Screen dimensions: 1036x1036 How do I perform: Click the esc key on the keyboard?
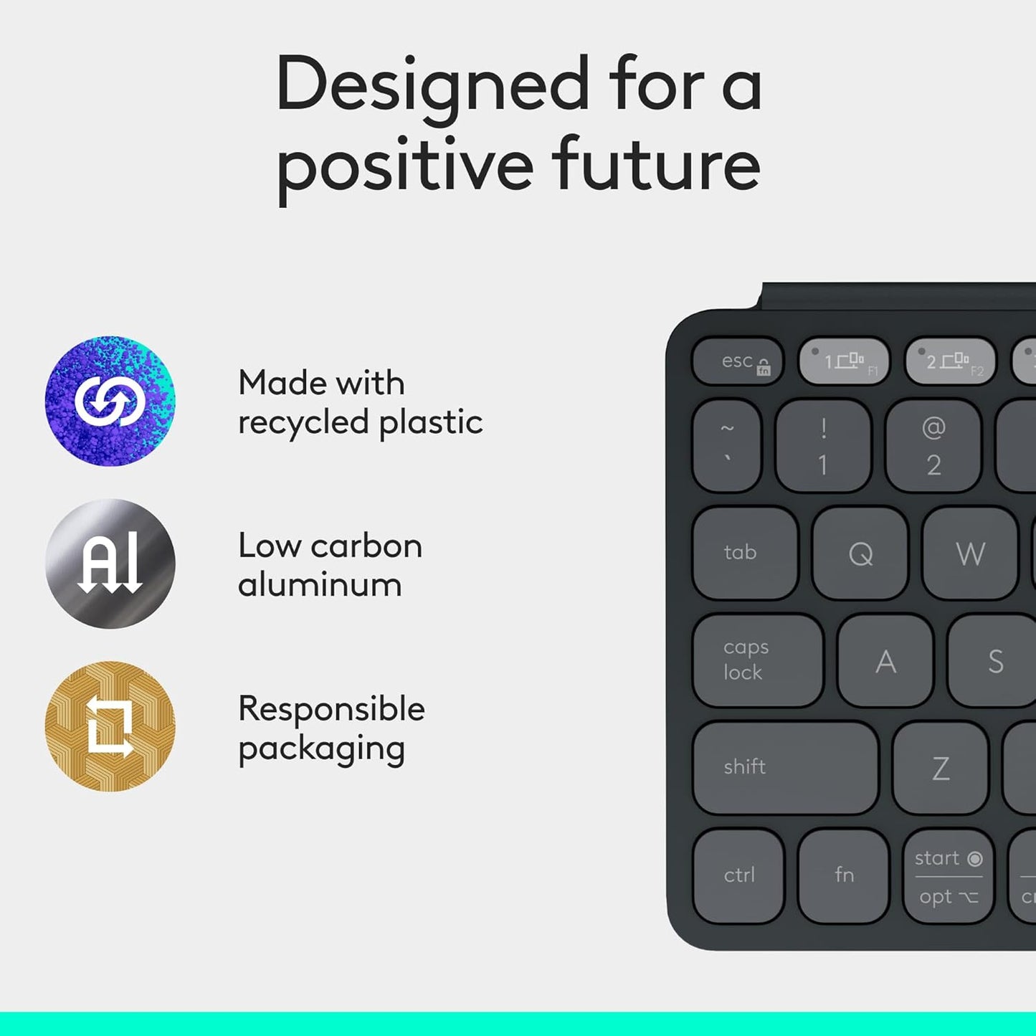click(x=738, y=361)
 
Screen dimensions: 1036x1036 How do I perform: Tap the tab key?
click(x=745, y=553)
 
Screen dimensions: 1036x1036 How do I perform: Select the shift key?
click(x=785, y=768)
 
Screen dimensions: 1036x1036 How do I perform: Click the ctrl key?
click(x=738, y=875)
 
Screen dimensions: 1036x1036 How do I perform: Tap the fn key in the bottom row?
click(x=844, y=875)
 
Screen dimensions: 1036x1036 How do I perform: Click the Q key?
click(x=860, y=553)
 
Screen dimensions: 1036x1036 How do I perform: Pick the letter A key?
click(x=885, y=661)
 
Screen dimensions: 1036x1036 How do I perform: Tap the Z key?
click(x=941, y=769)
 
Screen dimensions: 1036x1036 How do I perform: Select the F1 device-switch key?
click(x=844, y=361)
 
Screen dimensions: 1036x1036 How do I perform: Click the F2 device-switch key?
click(x=951, y=361)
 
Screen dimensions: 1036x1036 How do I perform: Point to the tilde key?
click(x=727, y=445)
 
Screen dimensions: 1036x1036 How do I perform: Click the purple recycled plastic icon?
click(x=110, y=401)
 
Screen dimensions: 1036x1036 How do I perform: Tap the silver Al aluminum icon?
click(x=110, y=564)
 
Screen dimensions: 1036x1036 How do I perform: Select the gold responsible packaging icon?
click(x=110, y=726)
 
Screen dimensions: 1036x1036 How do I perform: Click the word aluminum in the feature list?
click(x=320, y=585)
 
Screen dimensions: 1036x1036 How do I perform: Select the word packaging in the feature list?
click(x=321, y=749)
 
